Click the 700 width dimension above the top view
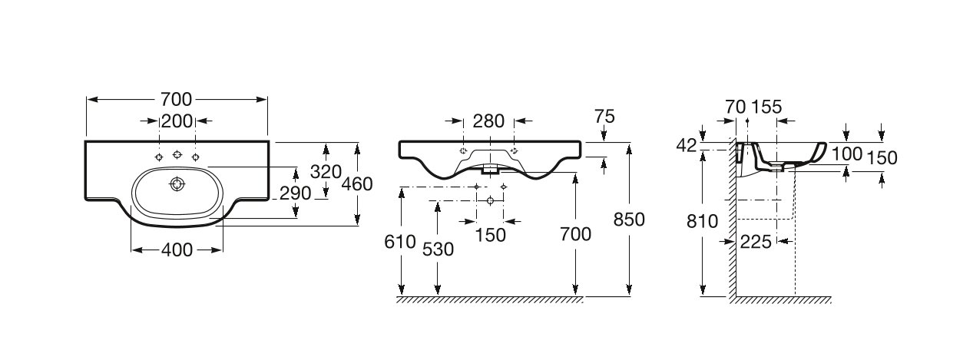(177, 100)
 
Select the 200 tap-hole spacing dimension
(177, 121)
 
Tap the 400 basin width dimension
(177, 249)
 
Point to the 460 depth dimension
(357, 184)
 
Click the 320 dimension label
(326, 172)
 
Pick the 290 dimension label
(296, 193)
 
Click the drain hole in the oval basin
(177, 184)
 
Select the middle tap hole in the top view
(177, 154)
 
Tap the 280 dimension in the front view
(488, 121)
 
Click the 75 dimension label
(604, 117)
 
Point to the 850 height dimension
(629, 220)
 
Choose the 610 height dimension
(400, 242)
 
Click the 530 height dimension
(438, 249)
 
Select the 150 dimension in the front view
(491, 236)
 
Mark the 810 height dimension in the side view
(703, 222)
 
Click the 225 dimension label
(756, 242)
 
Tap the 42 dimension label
(687, 146)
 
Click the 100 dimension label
(847, 154)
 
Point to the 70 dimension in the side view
(736, 107)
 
